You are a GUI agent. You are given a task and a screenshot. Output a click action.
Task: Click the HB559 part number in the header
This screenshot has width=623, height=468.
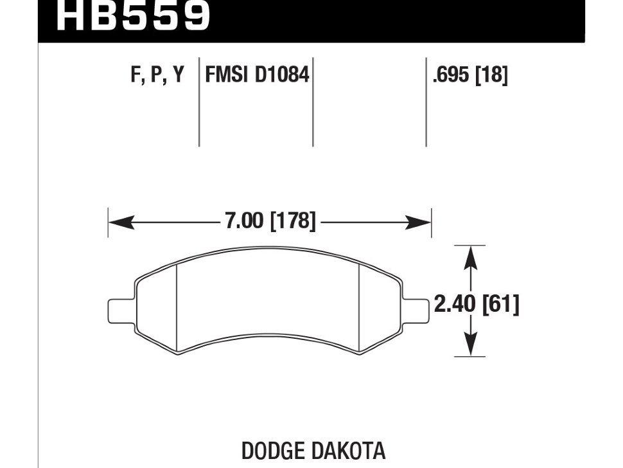133,16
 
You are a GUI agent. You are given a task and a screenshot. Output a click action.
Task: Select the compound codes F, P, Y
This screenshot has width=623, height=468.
157,75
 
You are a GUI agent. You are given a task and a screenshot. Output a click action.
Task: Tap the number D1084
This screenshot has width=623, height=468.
282,75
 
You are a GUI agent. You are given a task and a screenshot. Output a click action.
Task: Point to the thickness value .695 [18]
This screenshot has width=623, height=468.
470,75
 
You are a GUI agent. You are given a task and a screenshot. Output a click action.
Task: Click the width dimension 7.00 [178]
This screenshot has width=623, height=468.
270,222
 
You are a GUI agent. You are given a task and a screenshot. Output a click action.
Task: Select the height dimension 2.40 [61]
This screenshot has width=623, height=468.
477,303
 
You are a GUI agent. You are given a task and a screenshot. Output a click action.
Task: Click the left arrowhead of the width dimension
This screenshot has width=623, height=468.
119,223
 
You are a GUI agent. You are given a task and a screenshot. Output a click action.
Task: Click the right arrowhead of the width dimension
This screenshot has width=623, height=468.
420,223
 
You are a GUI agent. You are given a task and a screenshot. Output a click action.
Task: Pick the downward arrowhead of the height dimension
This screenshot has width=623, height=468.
472,347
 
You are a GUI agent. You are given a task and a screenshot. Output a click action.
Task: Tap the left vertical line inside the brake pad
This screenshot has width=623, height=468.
176,309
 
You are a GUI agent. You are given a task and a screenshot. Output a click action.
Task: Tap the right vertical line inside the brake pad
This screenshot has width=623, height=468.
358,309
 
